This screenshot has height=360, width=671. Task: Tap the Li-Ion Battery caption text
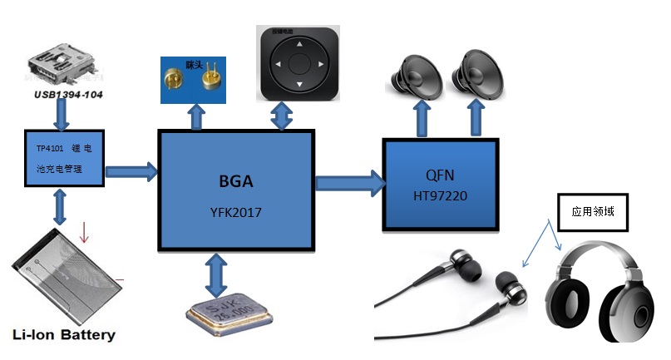(x=64, y=336)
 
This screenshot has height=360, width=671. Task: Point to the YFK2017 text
(x=235, y=213)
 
